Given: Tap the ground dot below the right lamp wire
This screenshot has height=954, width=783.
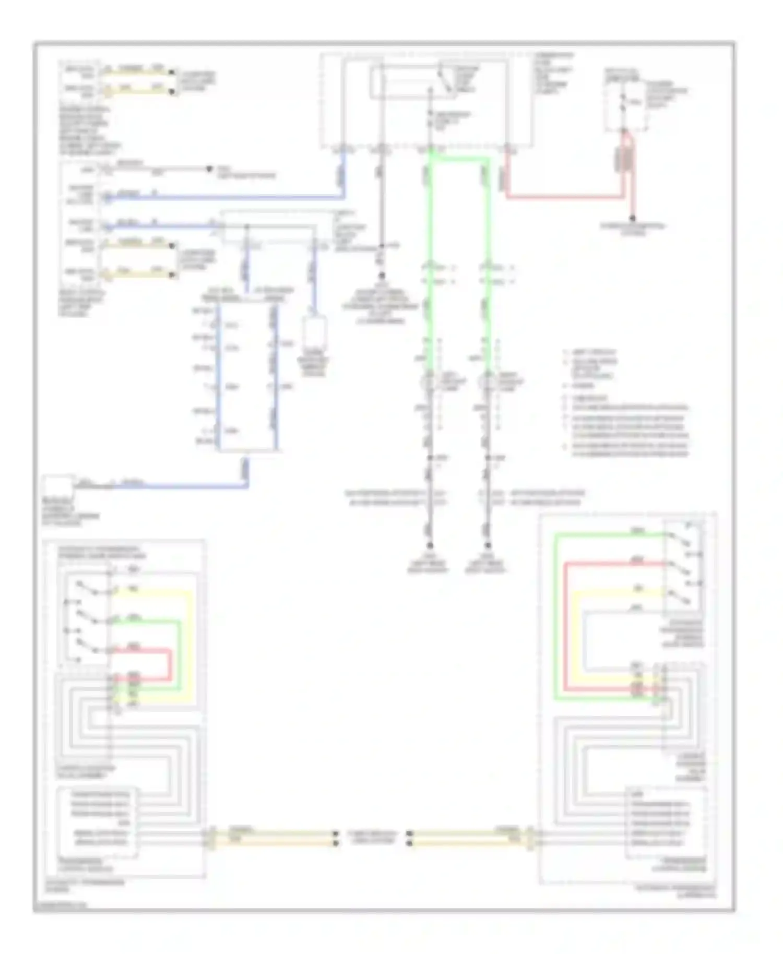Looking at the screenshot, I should click(487, 545).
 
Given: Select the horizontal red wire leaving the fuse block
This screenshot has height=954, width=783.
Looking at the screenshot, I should click(564, 198).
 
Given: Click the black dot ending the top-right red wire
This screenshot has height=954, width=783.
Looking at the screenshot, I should click(632, 219).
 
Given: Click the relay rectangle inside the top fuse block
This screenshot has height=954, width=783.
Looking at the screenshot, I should click(412, 82).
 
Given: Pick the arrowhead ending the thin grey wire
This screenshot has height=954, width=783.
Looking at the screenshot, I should click(209, 169).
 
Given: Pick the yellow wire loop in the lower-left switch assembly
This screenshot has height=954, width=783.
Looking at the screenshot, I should click(192, 642).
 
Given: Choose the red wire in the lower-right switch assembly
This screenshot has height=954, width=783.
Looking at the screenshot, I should click(565, 626).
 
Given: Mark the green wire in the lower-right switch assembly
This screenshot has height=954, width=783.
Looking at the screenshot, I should click(555, 616).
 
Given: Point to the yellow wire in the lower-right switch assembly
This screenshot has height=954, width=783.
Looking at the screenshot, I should click(574, 637).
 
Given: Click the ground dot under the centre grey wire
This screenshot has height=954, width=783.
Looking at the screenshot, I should click(382, 275).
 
